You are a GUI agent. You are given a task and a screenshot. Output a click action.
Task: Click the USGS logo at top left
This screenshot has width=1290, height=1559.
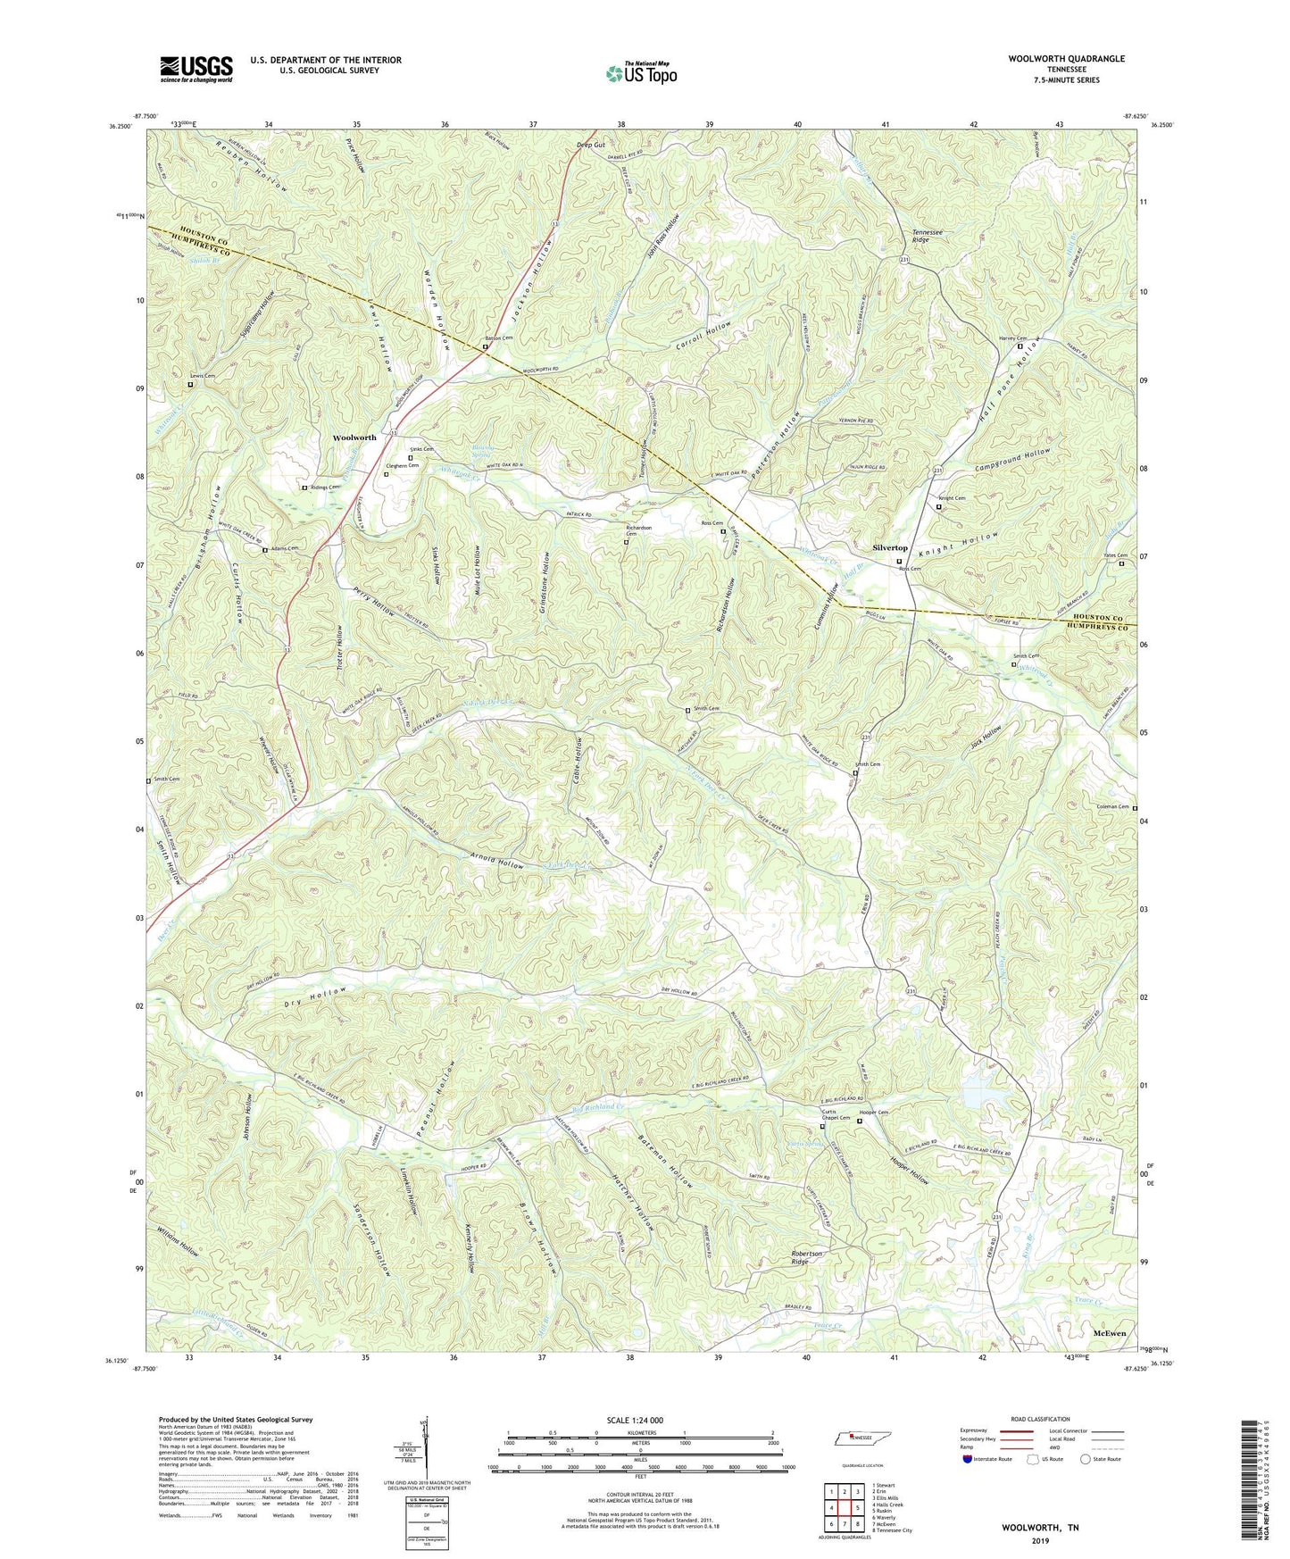pyautogui.click(x=196, y=69)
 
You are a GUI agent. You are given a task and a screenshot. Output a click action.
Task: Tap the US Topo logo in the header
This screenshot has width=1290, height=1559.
pyautogui.click(x=641, y=73)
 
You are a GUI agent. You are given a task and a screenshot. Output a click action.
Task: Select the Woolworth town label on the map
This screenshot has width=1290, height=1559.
pyautogui.click(x=354, y=438)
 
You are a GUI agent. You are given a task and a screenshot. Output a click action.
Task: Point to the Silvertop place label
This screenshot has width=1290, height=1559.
pyautogui.click(x=889, y=547)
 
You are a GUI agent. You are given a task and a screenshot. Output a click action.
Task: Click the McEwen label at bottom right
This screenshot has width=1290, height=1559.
pyautogui.click(x=1109, y=1332)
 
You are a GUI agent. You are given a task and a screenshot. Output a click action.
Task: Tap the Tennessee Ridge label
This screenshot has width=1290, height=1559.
pyautogui.click(x=933, y=236)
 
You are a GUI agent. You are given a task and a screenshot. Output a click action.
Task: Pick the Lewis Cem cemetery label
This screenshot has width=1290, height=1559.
pyautogui.click(x=202, y=376)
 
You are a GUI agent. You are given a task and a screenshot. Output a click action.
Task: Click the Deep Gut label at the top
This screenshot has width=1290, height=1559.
pyautogui.click(x=590, y=145)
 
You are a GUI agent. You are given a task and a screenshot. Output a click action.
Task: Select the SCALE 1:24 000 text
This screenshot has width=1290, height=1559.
pyautogui.click(x=640, y=1421)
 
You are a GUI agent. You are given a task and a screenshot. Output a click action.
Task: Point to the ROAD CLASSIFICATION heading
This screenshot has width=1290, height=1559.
pyautogui.click(x=1040, y=1419)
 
